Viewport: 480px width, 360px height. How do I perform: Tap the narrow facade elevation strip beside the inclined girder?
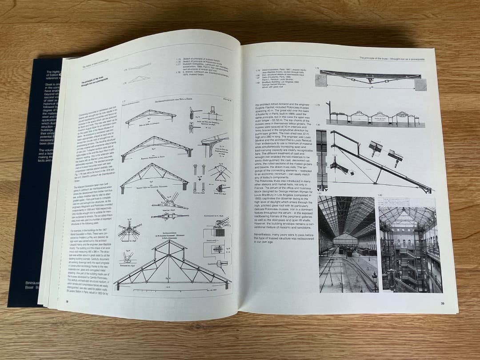click(x=321, y=160)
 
